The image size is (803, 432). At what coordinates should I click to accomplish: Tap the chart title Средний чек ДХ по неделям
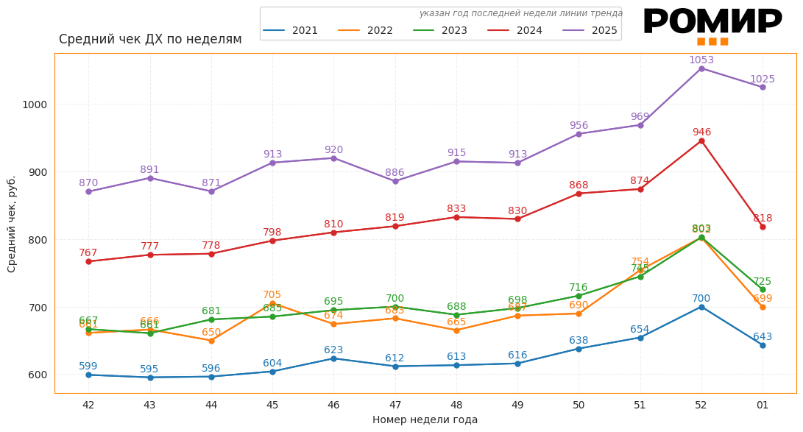point(150,40)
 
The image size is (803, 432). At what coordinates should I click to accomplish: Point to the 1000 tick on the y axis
point(35,105)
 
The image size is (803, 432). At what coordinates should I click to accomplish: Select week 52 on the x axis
point(701,405)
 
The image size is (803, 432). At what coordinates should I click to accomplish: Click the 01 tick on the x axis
point(763,405)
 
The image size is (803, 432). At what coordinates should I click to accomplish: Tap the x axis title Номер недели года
point(425,420)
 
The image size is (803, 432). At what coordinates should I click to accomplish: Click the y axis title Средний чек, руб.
point(12,224)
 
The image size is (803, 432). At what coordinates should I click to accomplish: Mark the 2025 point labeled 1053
point(701,68)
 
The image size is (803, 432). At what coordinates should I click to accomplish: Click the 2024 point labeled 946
point(701,141)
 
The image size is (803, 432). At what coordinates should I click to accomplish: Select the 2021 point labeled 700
point(701,307)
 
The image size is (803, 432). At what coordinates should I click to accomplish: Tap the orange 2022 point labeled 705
point(272,303)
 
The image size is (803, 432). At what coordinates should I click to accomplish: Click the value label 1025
point(763,79)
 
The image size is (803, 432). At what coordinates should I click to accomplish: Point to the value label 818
point(763,219)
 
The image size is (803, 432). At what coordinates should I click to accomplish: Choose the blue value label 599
point(88,367)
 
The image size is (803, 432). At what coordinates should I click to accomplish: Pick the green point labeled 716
point(579,296)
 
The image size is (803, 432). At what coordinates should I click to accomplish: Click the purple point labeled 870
point(88,191)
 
